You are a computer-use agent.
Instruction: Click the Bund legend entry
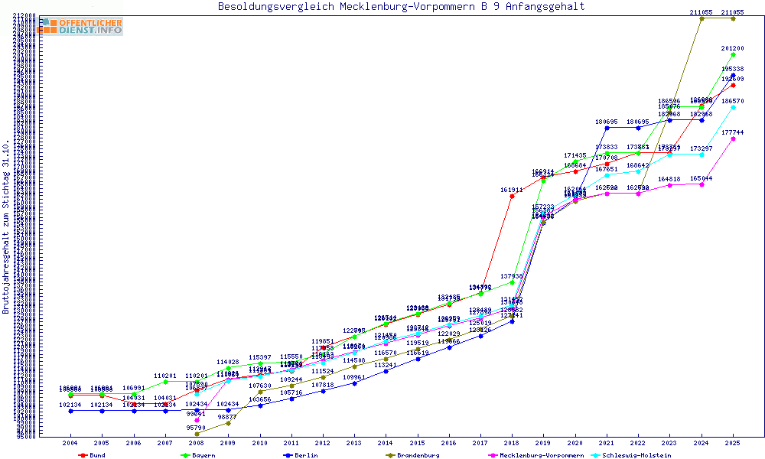pos(96,455)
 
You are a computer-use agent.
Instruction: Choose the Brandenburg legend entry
pos(417,455)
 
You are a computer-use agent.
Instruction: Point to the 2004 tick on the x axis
pos(70,443)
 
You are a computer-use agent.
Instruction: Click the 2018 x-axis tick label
pos(511,443)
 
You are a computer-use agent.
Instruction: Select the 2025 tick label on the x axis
pos(733,443)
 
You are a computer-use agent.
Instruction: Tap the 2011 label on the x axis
pos(291,443)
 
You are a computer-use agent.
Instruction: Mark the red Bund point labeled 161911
pos(512,197)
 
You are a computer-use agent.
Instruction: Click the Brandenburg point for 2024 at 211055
pos(702,18)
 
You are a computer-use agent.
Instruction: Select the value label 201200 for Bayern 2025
pos(733,48)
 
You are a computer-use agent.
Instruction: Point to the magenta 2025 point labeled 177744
pos(733,139)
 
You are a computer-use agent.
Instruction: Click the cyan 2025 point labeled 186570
pos(733,108)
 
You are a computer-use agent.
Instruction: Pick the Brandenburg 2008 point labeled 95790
pos(197,434)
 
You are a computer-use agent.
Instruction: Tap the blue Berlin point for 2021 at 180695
pos(607,128)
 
